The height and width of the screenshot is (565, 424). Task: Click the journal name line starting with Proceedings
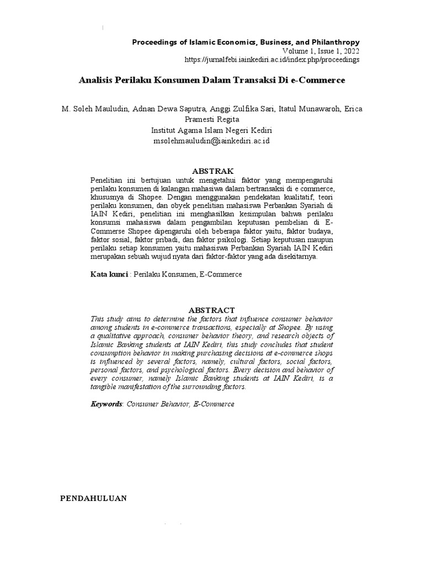click(246, 42)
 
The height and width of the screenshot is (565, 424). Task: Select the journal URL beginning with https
click(272, 59)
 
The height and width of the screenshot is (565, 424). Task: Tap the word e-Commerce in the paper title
click(321, 81)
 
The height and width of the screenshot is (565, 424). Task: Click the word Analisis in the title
click(96, 81)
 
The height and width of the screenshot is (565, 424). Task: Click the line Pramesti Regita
click(211, 120)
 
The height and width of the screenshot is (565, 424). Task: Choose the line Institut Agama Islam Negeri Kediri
click(211, 131)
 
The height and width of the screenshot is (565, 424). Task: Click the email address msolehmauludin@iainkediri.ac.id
click(211, 141)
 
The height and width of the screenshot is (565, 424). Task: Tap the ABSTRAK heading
click(212, 170)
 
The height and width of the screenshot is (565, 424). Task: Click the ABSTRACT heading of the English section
click(212, 310)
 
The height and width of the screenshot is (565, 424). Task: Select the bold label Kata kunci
click(109, 274)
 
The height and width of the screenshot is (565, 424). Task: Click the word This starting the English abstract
click(97, 319)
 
